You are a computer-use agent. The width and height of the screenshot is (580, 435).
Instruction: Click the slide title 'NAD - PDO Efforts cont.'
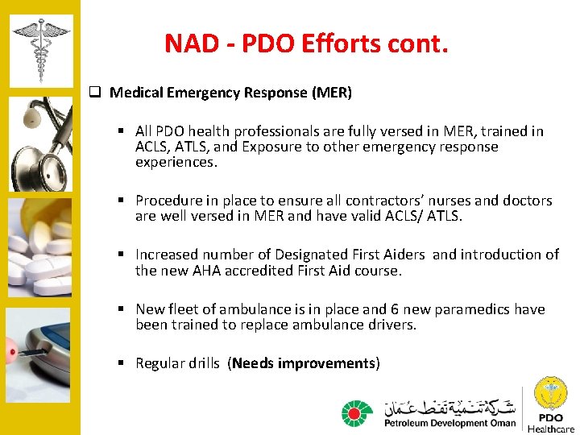(x=305, y=43)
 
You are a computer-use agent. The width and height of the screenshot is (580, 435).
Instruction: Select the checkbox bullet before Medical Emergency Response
(x=94, y=93)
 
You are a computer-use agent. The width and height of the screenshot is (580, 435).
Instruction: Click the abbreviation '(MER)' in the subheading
(x=332, y=93)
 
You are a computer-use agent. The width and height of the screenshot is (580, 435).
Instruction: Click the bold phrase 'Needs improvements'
(x=304, y=363)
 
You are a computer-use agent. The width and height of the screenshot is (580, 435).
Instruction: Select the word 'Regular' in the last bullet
(x=160, y=363)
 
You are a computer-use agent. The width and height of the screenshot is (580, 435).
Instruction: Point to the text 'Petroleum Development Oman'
(x=449, y=423)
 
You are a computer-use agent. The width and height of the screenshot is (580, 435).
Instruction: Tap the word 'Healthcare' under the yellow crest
(x=551, y=429)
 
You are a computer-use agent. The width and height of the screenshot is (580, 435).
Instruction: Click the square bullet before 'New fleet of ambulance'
(x=119, y=309)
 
